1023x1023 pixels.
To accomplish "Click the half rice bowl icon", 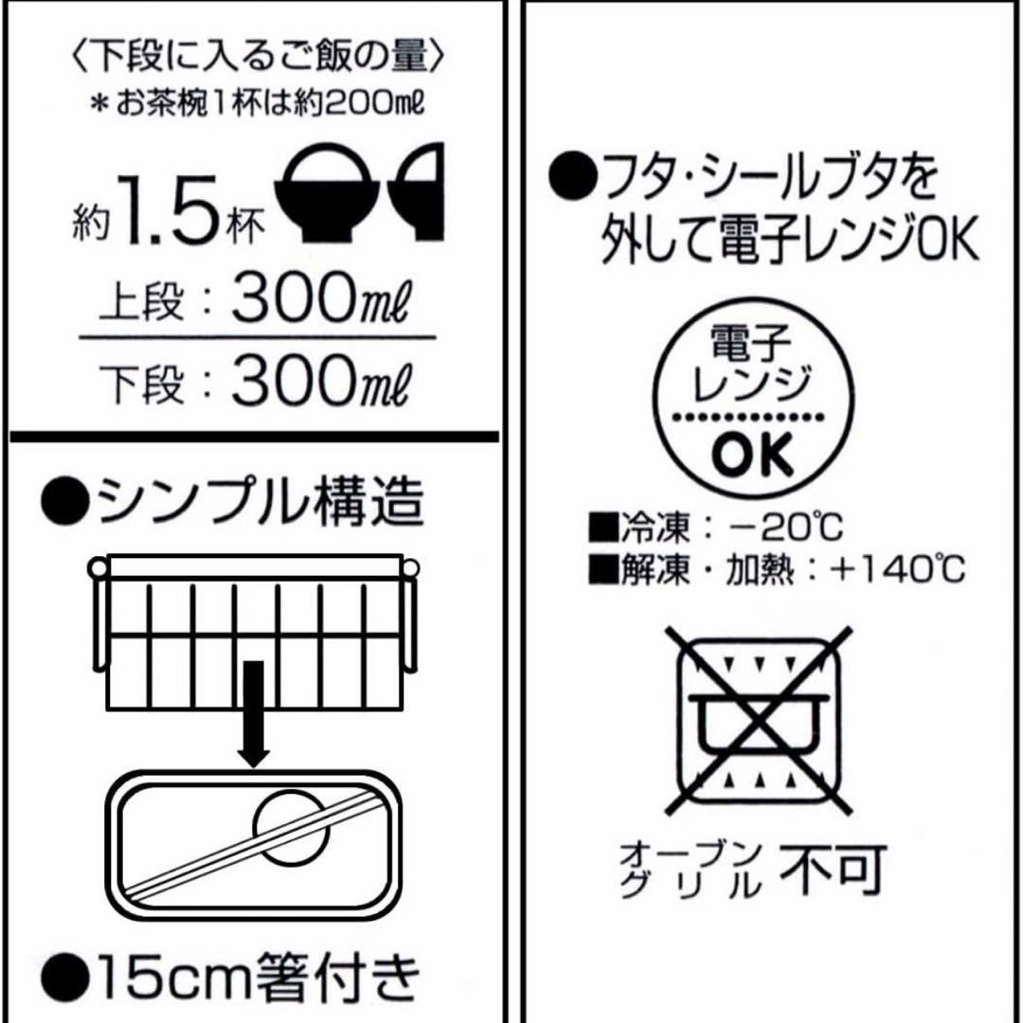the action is [418, 191].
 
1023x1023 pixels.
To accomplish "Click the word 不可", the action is [832, 870].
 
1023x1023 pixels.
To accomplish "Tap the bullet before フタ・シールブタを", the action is [573, 176].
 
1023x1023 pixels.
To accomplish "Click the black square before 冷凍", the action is [602, 528].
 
